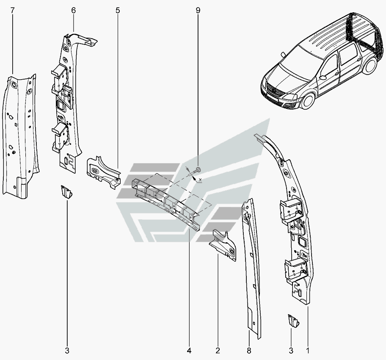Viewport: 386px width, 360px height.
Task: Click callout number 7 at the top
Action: [13, 10]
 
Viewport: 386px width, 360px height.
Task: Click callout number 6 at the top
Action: [73, 10]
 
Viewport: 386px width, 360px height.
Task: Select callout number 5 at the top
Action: [118, 10]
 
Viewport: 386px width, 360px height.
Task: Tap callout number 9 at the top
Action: [198, 10]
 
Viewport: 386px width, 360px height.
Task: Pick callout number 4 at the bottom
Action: [189, 350]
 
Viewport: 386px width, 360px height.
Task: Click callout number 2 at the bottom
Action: [218, 350]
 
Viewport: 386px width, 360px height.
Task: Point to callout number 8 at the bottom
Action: [249, 350]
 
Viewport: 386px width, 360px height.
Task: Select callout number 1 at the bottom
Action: [307, 350]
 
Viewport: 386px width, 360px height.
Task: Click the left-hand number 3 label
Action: [67, 350]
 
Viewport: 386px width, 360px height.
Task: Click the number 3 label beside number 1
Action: [291, 350]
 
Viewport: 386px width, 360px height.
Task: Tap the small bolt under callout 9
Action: [197, 170]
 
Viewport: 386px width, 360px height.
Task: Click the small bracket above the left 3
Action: [66, 192]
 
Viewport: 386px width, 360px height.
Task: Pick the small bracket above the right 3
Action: [293, 321]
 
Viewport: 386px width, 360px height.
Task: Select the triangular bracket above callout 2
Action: [223, 245]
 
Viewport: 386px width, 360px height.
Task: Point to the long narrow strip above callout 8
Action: [251, 269]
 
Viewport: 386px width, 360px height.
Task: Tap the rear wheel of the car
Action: [370, 66]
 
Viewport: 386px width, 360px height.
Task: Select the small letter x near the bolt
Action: [200, 180]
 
